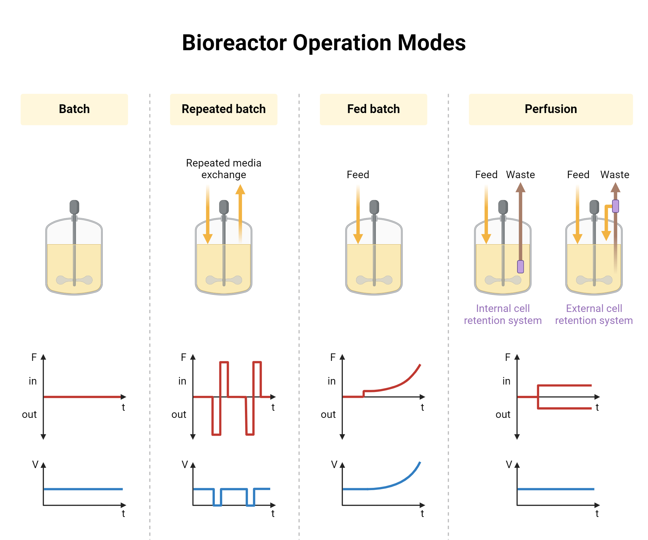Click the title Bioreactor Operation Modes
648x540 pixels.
point(324,43)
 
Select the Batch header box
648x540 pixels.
point(74,109)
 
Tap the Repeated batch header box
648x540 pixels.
point(224,109)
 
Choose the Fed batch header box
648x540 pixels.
point(373,109)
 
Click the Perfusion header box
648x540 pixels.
point(550,109)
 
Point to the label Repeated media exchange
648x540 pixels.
point(224,168)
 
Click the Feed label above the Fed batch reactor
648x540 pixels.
point(358,175)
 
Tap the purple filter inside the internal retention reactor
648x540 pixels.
point(520,267)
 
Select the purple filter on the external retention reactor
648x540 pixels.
point(615,206)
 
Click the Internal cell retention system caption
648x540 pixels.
point(503,314)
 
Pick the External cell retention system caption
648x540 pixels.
point(594,314)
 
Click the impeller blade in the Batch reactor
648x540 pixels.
point(74,280)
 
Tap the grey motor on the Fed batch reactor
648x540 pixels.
point(374,207)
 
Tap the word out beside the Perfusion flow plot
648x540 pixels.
point(503,414)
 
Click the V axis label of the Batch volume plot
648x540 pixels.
point(35,465)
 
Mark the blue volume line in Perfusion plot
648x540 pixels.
point(556,489)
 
